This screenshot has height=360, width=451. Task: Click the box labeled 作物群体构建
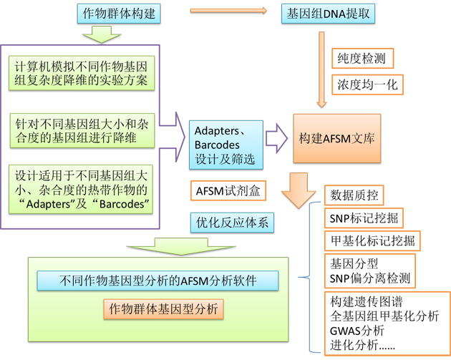coord(120,12)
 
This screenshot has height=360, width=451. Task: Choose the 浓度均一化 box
coord(367,84)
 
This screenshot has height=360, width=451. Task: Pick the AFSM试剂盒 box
coord(225,191)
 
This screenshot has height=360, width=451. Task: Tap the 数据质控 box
coord(356,195)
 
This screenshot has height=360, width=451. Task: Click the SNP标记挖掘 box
coord(365,218)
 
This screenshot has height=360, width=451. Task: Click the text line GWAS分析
coord(357,329)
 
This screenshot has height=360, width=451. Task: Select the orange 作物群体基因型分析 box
coord(164,309)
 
